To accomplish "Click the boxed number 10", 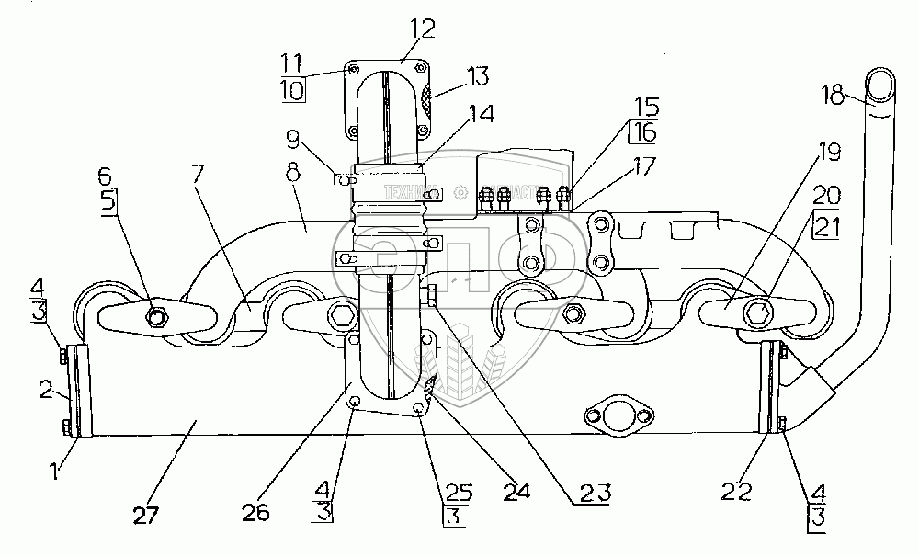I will point(294,91).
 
